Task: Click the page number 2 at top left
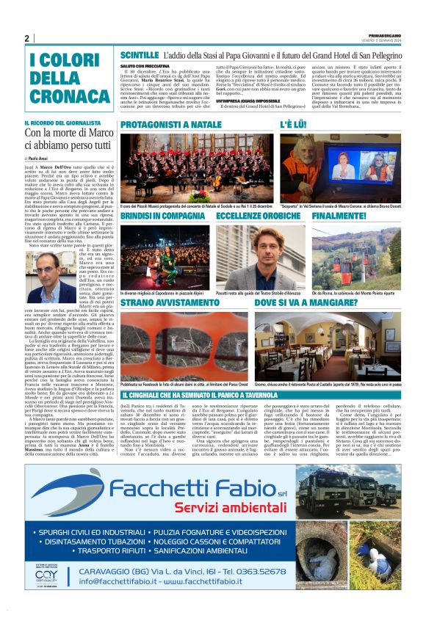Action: pos(27,38)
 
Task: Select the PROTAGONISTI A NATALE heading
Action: pos(169,126)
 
